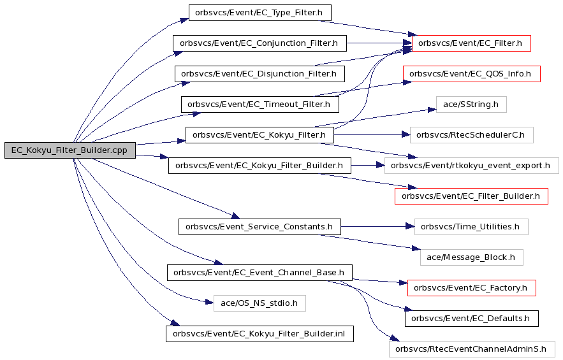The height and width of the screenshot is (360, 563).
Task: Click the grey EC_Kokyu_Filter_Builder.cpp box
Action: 70,150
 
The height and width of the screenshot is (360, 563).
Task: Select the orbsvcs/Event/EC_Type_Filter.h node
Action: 260,13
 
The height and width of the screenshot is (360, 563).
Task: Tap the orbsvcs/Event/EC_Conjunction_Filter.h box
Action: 260,43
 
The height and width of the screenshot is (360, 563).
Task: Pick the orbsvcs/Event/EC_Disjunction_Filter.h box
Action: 260,73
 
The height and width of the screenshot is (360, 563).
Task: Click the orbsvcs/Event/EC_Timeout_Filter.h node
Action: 260,104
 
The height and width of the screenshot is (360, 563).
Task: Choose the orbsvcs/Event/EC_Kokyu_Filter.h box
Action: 260,135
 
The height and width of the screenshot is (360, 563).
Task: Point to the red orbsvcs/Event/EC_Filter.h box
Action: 471,43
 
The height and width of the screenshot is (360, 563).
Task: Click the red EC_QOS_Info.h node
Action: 471,73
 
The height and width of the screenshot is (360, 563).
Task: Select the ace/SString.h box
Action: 471,104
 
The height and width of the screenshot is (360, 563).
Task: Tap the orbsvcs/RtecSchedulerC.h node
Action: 471,135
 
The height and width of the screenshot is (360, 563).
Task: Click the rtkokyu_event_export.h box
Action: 471,166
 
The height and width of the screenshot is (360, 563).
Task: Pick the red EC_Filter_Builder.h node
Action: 471,196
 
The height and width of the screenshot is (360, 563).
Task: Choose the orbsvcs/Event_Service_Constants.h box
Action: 260,227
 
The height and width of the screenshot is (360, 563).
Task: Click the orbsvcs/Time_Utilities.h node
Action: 471,227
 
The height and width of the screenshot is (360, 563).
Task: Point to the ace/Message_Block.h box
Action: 471,257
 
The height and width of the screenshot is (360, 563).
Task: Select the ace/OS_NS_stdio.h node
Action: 260,303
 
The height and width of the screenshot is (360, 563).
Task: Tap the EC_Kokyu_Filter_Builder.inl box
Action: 260,334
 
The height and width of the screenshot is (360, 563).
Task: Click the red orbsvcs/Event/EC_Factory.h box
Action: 471,288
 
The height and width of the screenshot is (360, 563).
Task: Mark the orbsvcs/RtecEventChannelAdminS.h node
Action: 471,349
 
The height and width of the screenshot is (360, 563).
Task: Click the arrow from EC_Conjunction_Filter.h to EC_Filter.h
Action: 379,43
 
